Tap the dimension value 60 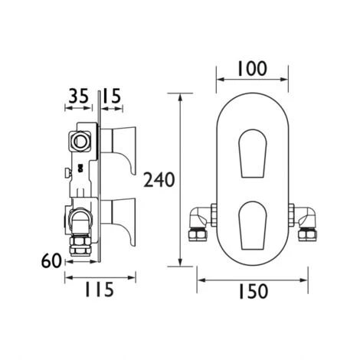pyautogui.click(x=51, y=262)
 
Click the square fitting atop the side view pyautogui.click(x=79, y=140)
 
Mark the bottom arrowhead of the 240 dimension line pyautogui.click(x=181, y=264)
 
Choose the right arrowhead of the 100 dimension pyautogui.click(x=286, y=78)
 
